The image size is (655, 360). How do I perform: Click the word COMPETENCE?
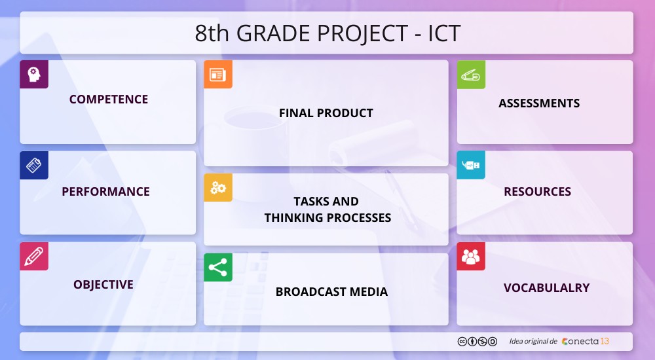point(109,99)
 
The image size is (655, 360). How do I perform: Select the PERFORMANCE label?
point(105,192)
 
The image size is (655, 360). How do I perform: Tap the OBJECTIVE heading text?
point(103,285)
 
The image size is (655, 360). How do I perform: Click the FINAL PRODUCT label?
point(326,113)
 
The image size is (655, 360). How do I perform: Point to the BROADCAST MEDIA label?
point(331,292)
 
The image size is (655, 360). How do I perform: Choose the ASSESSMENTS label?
point(539,103)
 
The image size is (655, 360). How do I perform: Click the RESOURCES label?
point(537,192)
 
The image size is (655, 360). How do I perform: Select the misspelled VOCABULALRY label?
point(546,288)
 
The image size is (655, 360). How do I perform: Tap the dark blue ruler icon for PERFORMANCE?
point(34,166)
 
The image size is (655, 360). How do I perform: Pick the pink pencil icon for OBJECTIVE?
point(34,257)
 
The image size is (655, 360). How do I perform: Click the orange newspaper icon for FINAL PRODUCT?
point(218,75)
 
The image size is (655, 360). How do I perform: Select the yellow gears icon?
point(218,188)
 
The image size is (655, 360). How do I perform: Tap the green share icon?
point(218,268)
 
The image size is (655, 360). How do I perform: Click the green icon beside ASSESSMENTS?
point(471,75)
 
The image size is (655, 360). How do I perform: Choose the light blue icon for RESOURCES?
point(471,166)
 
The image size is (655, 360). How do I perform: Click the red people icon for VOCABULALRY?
point(471,257)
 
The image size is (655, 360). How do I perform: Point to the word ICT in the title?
point(444,33)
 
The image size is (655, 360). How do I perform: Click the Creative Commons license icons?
point(477,341)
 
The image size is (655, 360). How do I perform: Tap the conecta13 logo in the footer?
point(585,341)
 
